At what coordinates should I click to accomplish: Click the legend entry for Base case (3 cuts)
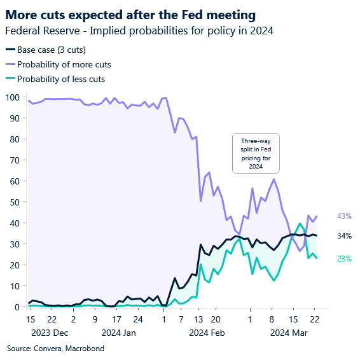(52, 50)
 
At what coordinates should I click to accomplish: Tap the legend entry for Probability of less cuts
(61, 79)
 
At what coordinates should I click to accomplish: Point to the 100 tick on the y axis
(11, 97)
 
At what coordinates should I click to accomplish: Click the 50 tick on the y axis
(13, 202)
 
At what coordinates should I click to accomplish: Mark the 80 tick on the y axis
(13, 139)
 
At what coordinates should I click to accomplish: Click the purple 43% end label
(344, 216)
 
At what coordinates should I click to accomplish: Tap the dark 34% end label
(344, 236)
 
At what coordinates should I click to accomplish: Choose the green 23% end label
(344, 258)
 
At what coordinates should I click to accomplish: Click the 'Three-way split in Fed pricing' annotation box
(256, 153)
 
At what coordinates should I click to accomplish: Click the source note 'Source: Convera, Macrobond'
(55, 349)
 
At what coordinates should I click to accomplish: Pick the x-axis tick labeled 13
(199, 319)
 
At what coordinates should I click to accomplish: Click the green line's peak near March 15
(300, 224)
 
